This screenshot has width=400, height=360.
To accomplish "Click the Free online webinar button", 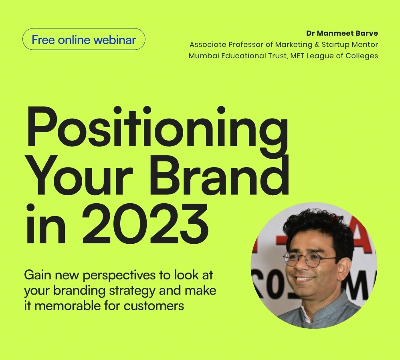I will coord(84,40).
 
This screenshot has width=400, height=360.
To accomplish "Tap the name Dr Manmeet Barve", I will coord(342,33).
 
